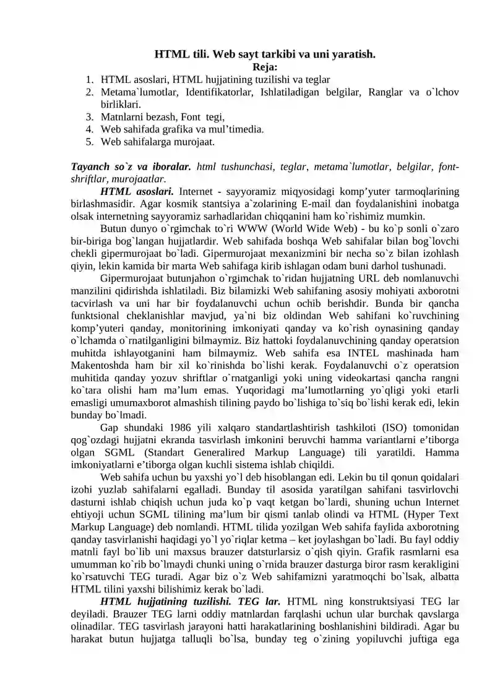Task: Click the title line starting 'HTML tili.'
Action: pos(265,54)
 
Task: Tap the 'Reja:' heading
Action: pos(265,67)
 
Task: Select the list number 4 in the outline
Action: pos(90,129)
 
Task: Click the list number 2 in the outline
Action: pos(90,92)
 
